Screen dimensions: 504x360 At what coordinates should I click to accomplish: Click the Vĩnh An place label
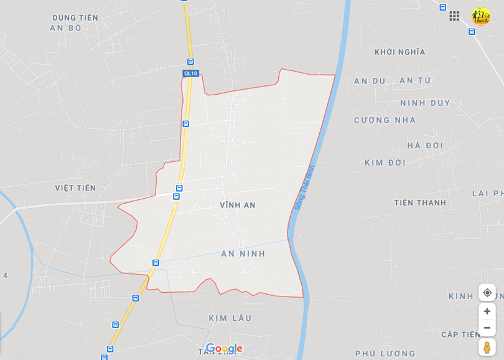click(238, 205)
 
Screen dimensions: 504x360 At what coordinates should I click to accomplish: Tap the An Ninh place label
click(243, 253)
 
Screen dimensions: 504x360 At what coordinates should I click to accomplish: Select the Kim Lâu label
click(230, 318)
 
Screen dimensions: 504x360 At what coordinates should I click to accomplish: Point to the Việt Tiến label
click(75, 188)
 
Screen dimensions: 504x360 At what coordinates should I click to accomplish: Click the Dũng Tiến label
click(75, 17)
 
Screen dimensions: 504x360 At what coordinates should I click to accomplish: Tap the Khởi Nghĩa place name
click(400, 52)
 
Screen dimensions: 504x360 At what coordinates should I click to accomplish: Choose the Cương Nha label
click(385, 120)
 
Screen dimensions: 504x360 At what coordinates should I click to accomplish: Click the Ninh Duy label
click(425, 103)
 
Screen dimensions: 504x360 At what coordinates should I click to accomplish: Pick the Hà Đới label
click(426, 146)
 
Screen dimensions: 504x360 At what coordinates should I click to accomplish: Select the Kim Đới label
click(385, 163)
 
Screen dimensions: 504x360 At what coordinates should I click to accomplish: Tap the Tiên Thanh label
click(420, 202)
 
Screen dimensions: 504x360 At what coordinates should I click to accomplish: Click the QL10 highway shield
click(190, 73)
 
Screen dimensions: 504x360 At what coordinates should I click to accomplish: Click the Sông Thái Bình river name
click(305, 187)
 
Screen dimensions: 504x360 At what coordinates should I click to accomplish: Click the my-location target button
click(487, 293)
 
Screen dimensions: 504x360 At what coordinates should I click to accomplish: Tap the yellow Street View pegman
click(487, 347)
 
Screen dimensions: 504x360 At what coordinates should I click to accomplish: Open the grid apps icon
click(454, 16)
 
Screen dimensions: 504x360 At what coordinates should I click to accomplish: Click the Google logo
click(224, 349)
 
